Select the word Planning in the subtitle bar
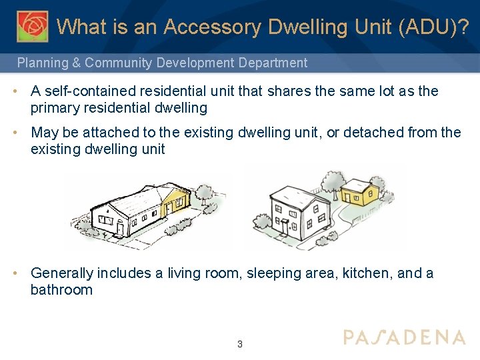pyautogui.click(x=42, y=63)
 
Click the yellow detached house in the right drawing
pyautogui.click(x=359, y=193)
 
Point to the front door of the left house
pyautogui.click(x=120, y=229)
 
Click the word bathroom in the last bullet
pyautogui.click(x=61, y=290)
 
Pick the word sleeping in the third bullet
pyautogui.click(x=272, y=273)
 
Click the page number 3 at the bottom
pyautogui.click(x=240, y=345)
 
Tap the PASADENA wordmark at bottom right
pyautogui.click(x=404, y=337)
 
